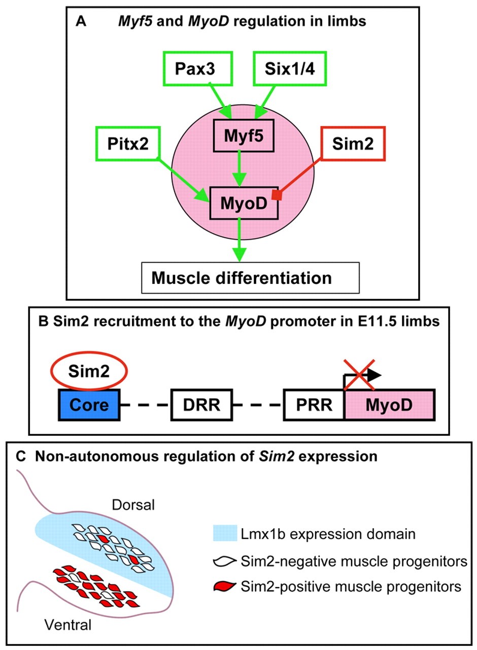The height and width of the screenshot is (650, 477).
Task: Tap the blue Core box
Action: [x=90, y=405]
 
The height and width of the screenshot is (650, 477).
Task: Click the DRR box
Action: [x=201, y=405]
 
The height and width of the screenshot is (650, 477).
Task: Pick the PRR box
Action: [x=314, y=405]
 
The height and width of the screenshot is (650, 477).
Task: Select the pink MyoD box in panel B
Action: [x=389, y=405]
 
